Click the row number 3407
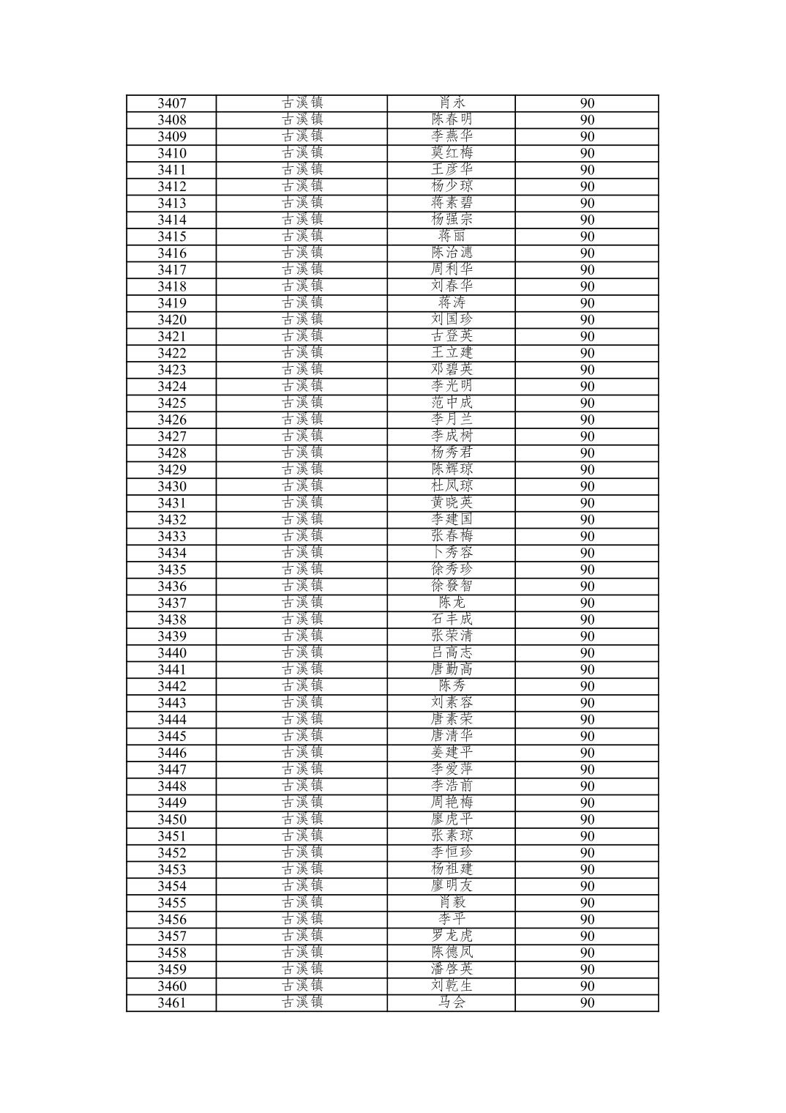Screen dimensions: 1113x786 172,103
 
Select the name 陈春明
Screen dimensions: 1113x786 452,120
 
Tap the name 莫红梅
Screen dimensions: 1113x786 452,153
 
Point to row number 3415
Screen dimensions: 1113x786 172,237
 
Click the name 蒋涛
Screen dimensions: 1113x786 452,303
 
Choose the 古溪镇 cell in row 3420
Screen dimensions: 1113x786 302,320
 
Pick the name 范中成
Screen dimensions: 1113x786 452,403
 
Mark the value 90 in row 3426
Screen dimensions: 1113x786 587,420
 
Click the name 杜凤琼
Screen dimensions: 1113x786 452,487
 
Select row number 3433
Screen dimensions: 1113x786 172,537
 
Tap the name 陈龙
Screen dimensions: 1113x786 452,603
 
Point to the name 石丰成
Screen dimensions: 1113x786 452,620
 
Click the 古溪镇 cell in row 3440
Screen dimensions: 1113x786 302,653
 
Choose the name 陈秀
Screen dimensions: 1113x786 452,687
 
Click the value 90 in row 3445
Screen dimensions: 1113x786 587,737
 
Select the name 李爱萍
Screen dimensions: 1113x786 452,770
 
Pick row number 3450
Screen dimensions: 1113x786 172,820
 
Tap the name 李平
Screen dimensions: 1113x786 452,920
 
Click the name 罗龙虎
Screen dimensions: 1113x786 452,937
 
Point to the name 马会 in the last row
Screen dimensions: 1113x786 452,1003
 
